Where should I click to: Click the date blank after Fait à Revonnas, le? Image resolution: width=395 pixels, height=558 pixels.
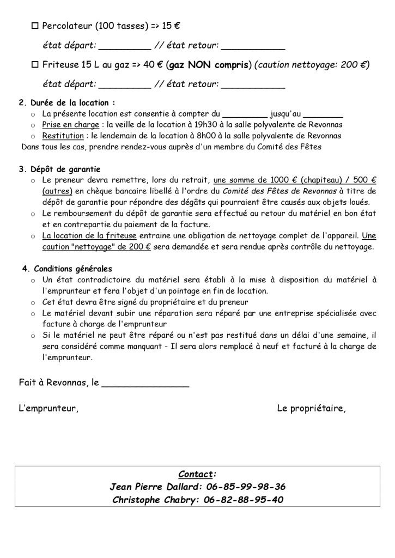pyautogui.click(x=145, y=383)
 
